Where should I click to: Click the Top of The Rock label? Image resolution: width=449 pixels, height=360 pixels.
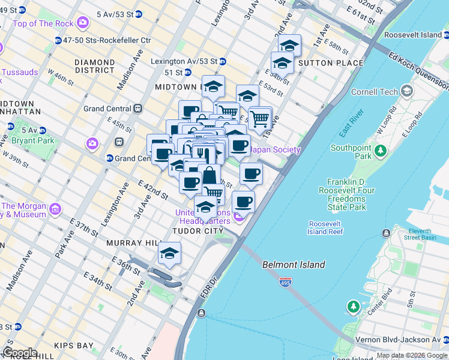click(43, 23)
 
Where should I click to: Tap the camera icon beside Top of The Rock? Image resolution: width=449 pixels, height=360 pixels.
click(82, 23)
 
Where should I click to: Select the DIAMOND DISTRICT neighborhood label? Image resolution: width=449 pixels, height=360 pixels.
click(94, 66)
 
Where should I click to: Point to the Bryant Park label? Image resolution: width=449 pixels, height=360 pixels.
click(37, 140)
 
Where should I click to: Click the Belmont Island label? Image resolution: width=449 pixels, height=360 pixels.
click(294, 265)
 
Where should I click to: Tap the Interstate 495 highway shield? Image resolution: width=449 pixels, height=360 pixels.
click(286, 282)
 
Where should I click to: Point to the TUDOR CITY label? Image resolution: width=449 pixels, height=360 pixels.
click(197, 231)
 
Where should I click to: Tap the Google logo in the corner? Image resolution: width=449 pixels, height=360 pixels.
click(20, 353)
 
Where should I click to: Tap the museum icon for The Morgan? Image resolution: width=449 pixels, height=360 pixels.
click(55, 209)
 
